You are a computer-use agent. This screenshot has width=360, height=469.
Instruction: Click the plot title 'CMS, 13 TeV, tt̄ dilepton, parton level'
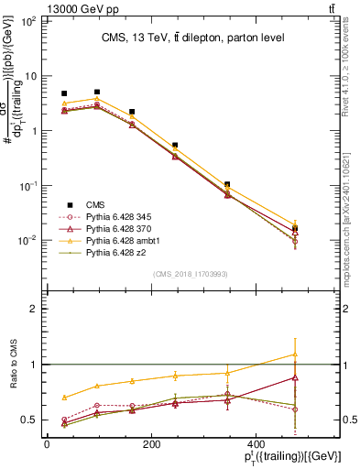[192, 38]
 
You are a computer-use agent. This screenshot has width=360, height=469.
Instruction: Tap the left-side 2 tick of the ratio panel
[31, 310]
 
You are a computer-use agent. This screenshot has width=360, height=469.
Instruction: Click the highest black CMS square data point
[97, 92]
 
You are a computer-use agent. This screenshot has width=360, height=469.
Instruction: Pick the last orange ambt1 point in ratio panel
[294, 354]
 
